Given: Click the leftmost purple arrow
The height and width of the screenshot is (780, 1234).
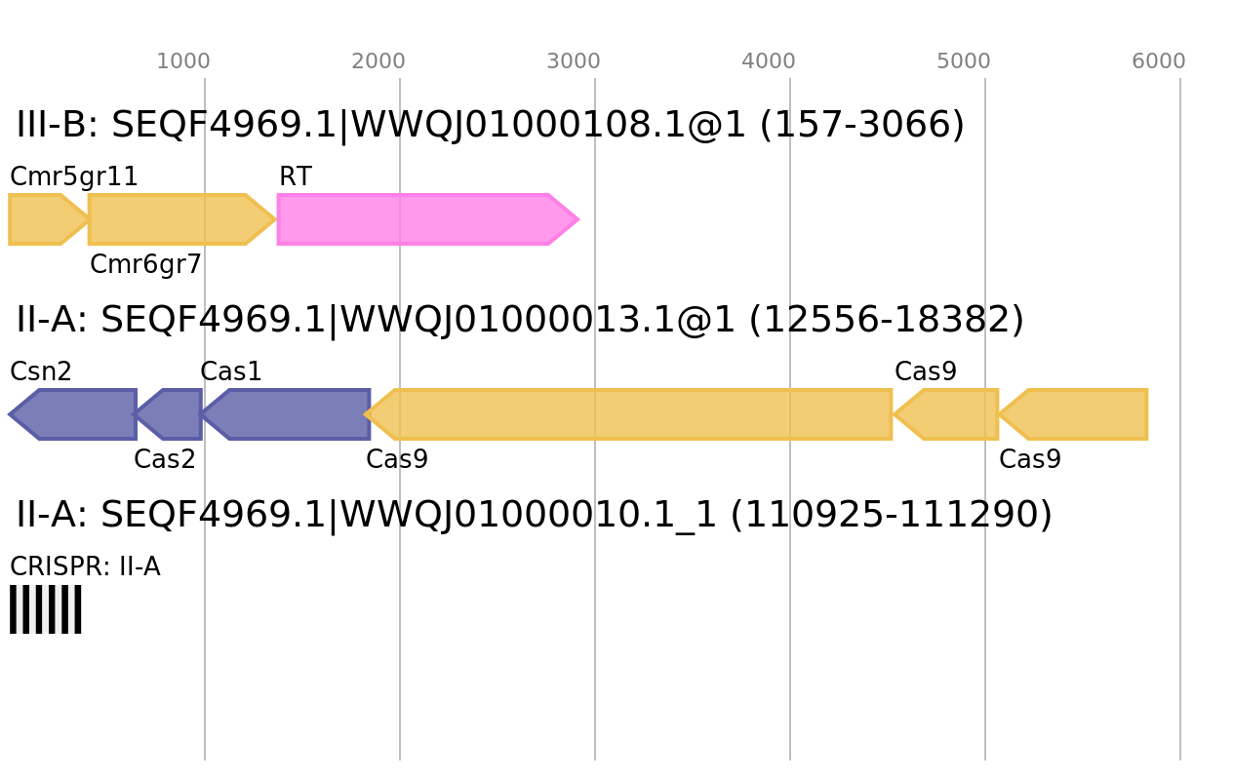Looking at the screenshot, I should point(78,414).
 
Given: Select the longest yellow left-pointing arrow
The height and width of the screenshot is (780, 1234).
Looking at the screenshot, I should point(634,414).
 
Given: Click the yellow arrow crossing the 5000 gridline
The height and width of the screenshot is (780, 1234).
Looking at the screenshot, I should point(951,414).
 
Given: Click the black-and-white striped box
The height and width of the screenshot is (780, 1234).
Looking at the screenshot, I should point(46,609).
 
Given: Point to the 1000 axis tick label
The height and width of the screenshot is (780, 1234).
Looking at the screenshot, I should point(183,61).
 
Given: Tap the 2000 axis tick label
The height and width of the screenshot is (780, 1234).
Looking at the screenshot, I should point(378,61).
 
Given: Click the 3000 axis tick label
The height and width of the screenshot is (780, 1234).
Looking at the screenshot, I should point(574,61).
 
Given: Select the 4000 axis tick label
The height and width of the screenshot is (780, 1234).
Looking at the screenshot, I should point(769,61).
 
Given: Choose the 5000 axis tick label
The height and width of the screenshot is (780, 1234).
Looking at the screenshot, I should point(964,61).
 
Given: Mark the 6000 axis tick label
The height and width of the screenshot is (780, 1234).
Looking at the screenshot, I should point(1159,61).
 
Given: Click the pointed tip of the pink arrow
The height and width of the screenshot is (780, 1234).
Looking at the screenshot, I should point(579,219).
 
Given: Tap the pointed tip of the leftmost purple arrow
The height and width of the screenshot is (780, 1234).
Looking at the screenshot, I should point(9,414).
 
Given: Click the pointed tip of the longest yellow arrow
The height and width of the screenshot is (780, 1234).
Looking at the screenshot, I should point(365,414).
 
